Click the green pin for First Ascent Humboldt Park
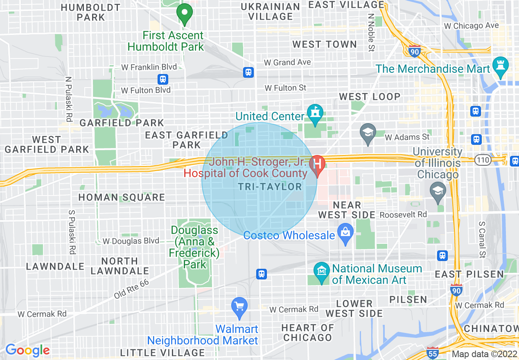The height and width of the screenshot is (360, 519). pos(185,13)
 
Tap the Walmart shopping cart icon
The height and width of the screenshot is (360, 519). pos(239,307)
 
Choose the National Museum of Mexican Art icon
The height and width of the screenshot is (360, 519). pos(321,272)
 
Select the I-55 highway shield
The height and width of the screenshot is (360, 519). pos(432,353)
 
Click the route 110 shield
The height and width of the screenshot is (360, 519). pos(483,159)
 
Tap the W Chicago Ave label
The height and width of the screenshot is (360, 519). pos(472,26)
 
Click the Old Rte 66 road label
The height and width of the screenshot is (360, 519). pos(131,289)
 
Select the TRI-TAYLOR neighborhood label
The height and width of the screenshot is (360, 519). pos(270,187)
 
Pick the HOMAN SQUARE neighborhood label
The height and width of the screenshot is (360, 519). pos(122,197)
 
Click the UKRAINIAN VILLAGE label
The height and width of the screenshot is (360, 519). pos(271,12)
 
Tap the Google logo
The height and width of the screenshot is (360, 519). pos(27,350)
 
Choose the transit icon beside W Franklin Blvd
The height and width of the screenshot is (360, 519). pos(163,79)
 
